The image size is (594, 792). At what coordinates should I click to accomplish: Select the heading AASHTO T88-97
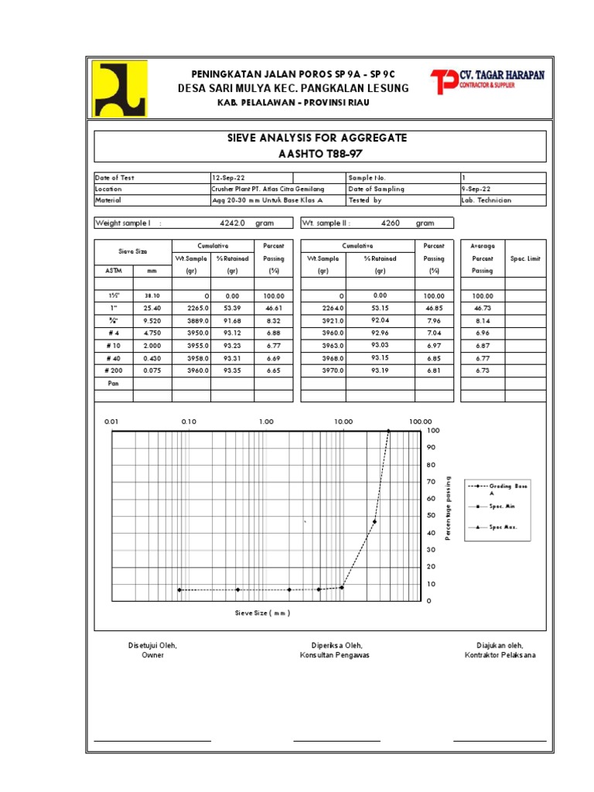pos(320,153)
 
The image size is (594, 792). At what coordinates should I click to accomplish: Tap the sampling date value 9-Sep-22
pos(476,189)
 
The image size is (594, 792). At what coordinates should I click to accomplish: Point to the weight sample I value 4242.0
pos(232,224)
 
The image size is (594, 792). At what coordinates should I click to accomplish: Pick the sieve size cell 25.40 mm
pos(152,308)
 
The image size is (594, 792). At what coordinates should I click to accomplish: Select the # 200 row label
pos(113,370)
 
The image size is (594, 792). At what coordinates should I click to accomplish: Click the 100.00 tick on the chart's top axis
pos(420,422)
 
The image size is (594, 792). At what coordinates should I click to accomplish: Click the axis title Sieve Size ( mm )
pos(263,613)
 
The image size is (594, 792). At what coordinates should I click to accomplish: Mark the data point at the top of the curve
pos(388,431)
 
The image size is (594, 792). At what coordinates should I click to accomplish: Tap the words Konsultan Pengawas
pos(335,656)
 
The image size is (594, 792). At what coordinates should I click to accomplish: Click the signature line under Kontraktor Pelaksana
pos(499,741)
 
